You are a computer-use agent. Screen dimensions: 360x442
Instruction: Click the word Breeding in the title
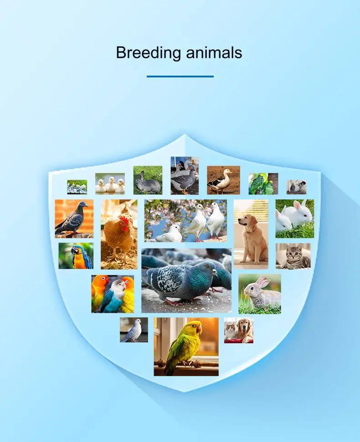[149, 53]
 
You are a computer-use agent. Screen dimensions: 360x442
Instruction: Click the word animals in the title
[214, 53]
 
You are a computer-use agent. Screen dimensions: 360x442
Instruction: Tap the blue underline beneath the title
[180, 76]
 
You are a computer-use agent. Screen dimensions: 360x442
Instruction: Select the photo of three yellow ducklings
[110, 183]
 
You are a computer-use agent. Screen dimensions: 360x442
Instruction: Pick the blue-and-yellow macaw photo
[76, 256]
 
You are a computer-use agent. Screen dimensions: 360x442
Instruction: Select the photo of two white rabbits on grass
[295, 219]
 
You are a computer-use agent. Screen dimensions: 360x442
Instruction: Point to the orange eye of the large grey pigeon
[208, 267]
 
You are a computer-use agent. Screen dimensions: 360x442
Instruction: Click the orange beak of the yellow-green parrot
[199, 329]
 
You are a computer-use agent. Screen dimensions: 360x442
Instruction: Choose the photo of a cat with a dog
[239, 330]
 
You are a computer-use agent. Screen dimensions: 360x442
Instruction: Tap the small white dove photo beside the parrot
[134, 330]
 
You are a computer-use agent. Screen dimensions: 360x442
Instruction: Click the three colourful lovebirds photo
[113, 294]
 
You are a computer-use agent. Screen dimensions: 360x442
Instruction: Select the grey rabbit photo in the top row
[148, 180]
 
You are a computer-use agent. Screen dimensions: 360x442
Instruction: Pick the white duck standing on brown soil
[221, 181]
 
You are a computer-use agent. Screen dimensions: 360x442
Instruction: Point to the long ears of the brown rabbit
[262, 281]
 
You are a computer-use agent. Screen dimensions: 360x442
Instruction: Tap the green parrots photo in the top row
[263, 184]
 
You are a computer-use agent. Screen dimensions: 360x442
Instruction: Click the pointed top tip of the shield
[185, 134]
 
